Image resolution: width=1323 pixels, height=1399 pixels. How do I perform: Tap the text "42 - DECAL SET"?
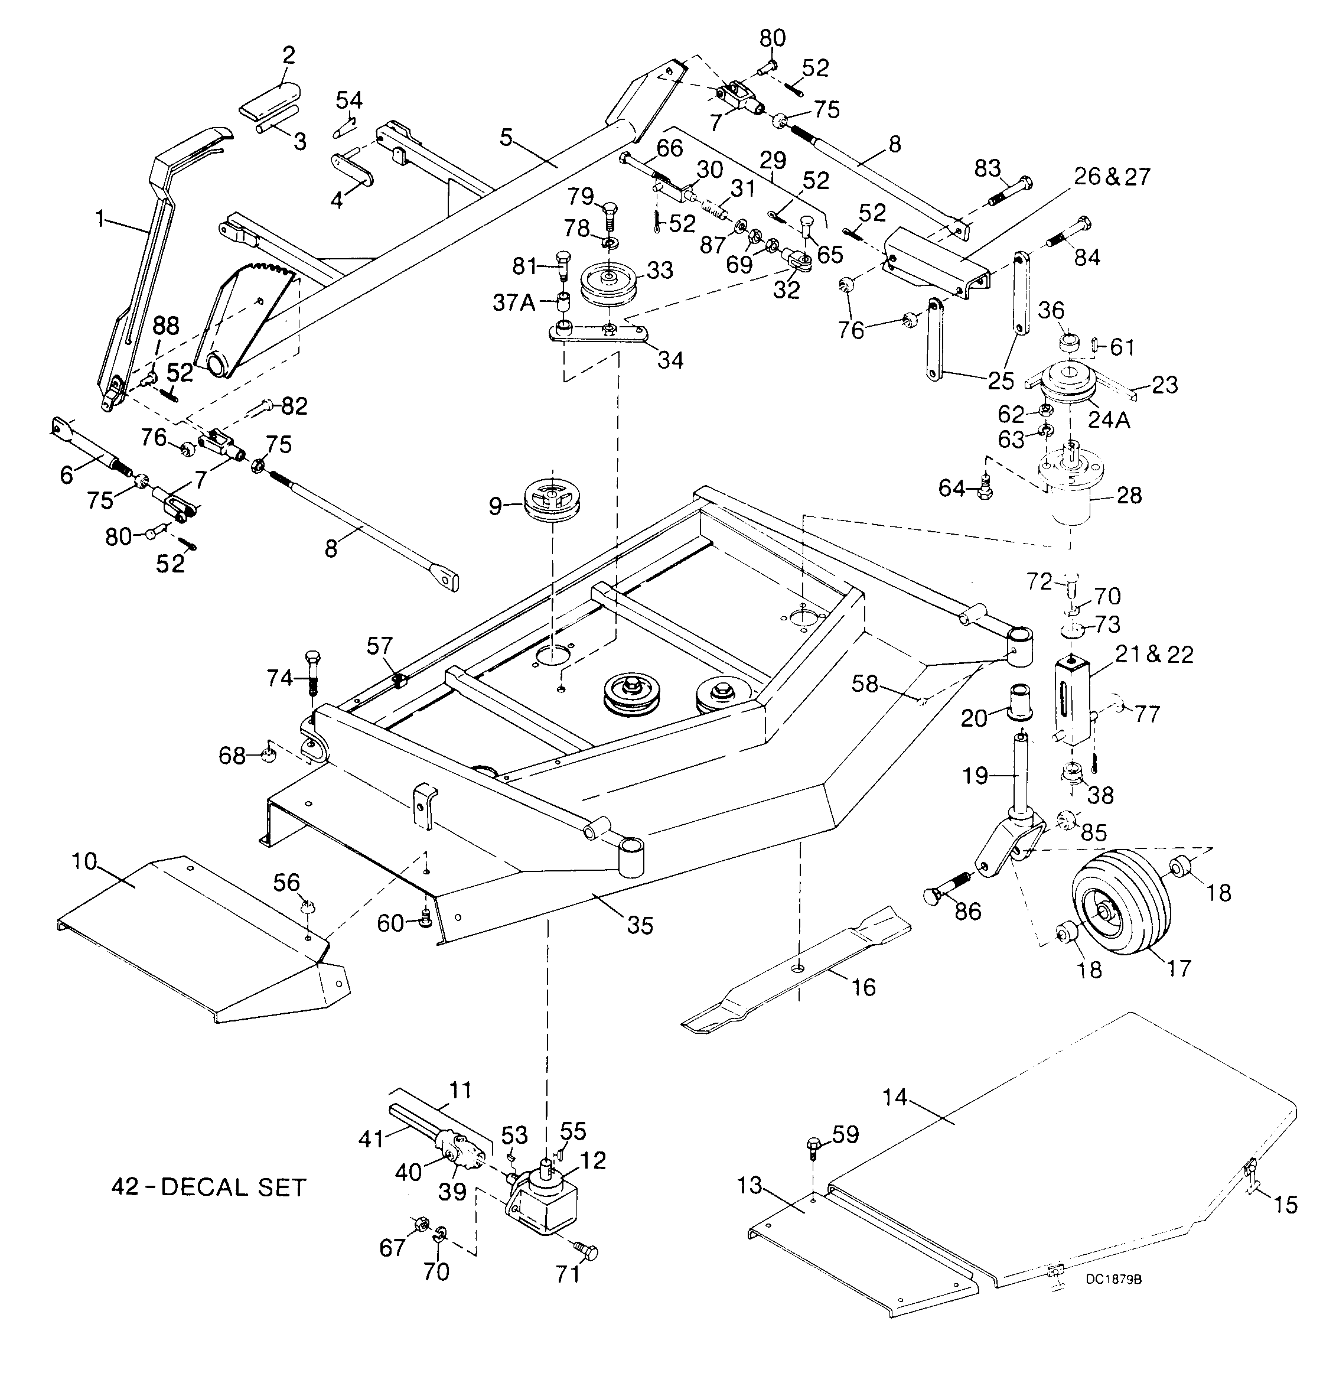click(208, 1187)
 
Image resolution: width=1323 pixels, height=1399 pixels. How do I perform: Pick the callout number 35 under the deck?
click(640, 925)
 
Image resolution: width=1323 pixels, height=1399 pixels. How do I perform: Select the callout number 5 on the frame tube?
click(506, 137)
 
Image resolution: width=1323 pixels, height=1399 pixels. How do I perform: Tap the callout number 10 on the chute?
click(84, 861)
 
